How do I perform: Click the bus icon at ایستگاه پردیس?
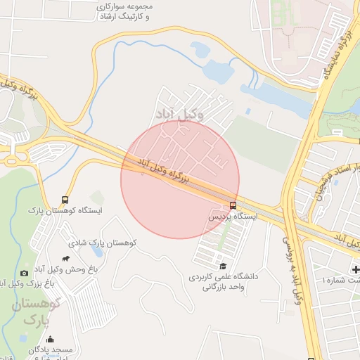tap(233, 205)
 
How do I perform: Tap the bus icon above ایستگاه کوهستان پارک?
tap(65, 200)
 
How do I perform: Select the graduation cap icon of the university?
tap(223, 266)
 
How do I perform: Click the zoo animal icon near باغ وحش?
tap(66, 259)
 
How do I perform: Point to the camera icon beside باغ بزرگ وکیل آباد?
tap(25, 273)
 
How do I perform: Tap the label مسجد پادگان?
tap(51, 349)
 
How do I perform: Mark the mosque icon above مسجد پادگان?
tap(51, 339)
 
